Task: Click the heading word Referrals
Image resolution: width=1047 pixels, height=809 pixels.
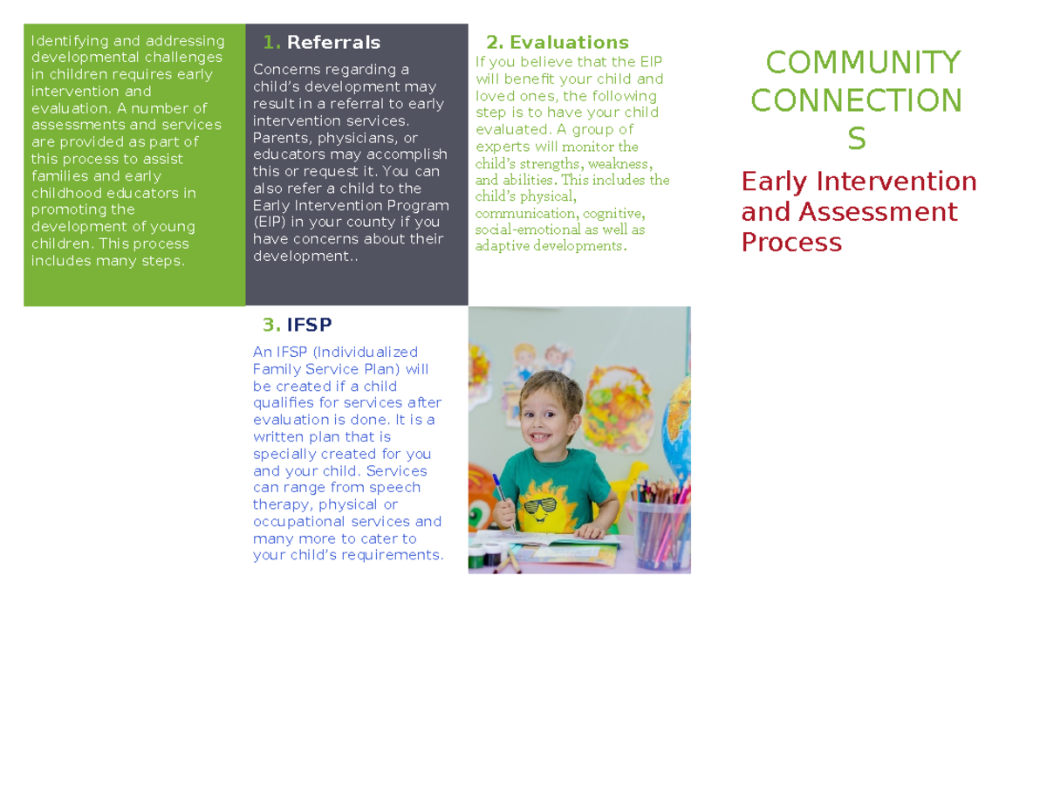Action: pyautogui.click(x=333, y=43)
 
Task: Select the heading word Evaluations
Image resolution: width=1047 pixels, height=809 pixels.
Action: pyautogui.click(x=569, y=43)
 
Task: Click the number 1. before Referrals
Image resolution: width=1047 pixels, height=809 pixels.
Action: pyautogui.click(x=271, y=43)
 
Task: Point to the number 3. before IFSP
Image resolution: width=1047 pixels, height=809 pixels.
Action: pyautogui.click(x=271, y=326)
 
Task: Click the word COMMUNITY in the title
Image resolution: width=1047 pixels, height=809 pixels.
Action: pyautogui.click(x=863, y=63)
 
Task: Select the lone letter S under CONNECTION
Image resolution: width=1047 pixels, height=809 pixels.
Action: pyautogui.click(x=857, y=139)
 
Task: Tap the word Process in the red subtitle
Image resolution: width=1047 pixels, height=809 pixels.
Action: pyautogui.click(x=791, y=243)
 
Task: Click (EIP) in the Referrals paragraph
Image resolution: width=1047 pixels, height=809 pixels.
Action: pyautogui.click(x=269, y=223)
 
